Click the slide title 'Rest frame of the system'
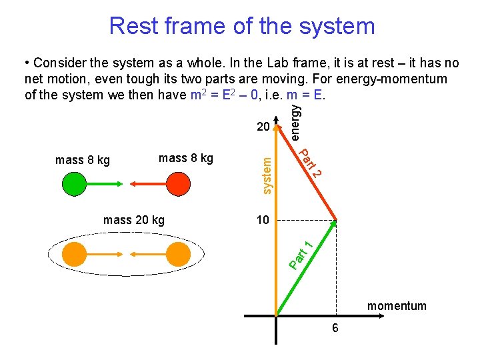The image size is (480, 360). pos(242,26)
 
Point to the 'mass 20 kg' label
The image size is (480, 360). pos(134,220)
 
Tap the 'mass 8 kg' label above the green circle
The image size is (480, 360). pos(83,160)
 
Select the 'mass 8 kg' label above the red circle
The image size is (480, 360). pos(186,158)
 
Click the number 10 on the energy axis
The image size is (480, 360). pos(263,220)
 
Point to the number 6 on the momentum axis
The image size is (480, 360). pos(335,328)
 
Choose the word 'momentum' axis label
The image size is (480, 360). pos(397,306)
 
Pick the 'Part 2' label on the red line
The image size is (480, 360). pos(310,164)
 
